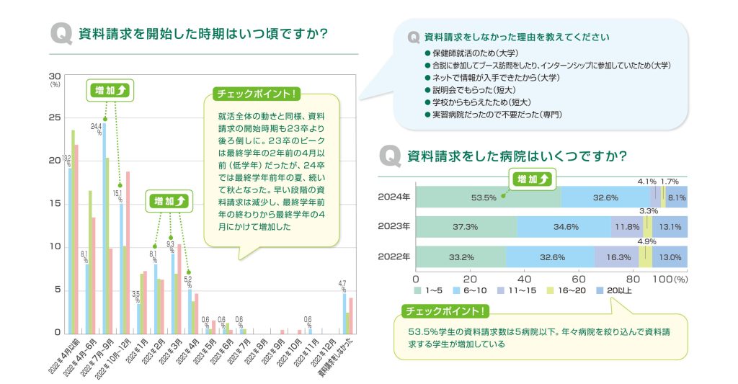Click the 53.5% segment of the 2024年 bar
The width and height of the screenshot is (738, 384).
(x=484, y=197)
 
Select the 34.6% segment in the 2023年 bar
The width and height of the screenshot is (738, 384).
(x=564, y=226)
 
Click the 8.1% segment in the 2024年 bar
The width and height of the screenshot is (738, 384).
(x=677, y=197)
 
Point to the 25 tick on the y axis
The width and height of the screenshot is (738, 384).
(x=55, y=117)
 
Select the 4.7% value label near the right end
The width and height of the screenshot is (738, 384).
(x=343, y=287)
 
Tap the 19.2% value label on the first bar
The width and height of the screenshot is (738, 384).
(x=68, y=161)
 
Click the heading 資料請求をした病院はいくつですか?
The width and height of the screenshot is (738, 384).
(x=517, y=156)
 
